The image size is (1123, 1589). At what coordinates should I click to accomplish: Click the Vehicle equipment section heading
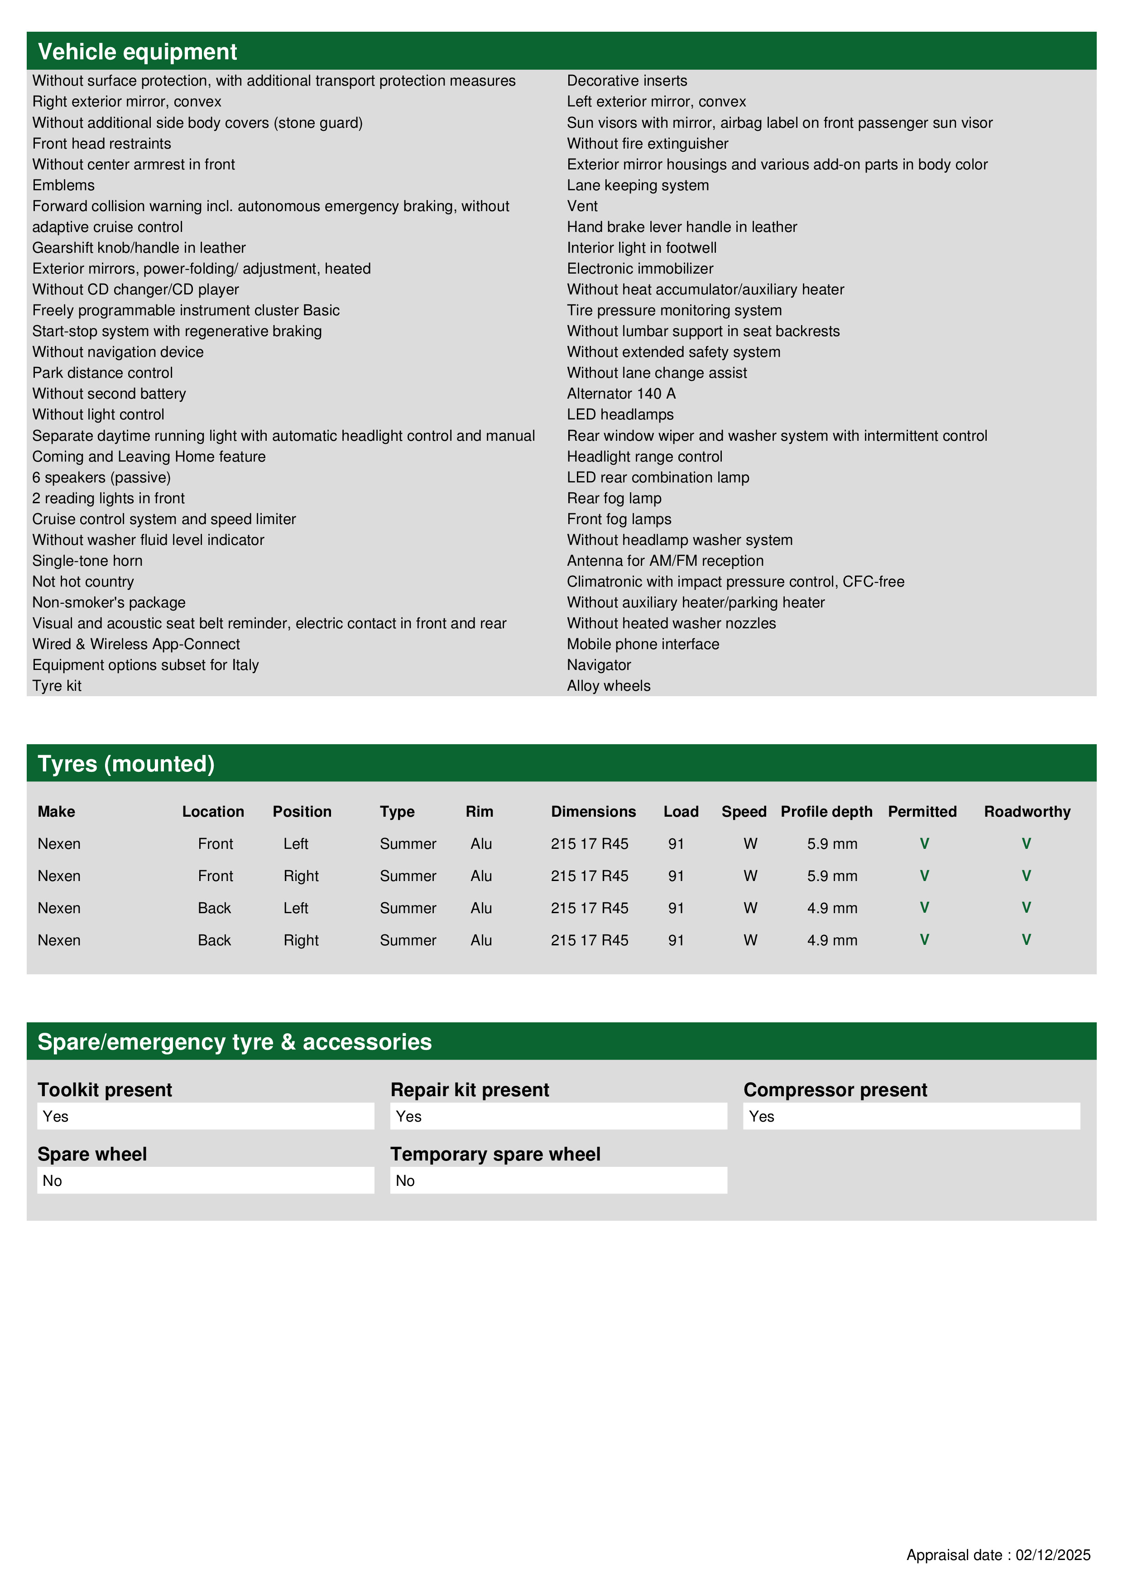coord(137,52)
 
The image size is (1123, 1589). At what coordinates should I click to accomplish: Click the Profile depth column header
coord(826,812)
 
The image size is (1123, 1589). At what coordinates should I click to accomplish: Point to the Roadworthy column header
coord(1027,812)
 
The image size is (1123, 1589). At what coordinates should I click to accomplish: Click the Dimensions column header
coord(593,812)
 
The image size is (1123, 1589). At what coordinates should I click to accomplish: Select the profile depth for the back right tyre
coord(832,940)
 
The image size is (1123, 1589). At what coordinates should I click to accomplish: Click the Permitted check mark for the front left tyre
coord(924,843)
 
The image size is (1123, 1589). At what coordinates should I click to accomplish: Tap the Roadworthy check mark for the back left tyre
coord(1026,907)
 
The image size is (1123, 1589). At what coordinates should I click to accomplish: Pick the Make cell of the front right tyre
coord(59,876)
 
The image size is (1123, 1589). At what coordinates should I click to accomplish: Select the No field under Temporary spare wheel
coord(558,1181)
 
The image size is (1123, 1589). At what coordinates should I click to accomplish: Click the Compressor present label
coord(835,1090)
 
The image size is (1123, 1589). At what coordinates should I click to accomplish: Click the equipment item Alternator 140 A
coord(621,394)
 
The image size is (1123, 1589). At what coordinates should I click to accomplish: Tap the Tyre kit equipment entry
coord(57,686)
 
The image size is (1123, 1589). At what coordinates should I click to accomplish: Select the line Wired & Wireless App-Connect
coord(135,644)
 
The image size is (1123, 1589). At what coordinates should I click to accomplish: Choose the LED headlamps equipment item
coord(620,414)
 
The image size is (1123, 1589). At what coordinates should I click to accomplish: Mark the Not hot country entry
coord(83,582)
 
